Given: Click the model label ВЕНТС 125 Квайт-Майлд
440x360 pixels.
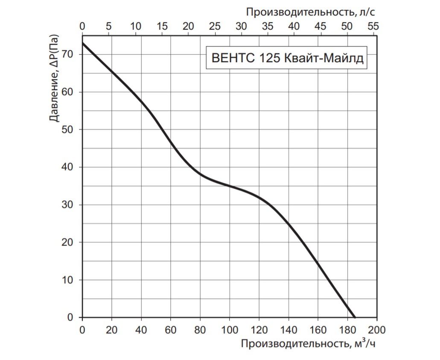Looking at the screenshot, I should click(288, 58).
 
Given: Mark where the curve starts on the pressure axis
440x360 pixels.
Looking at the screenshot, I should click(82, 43).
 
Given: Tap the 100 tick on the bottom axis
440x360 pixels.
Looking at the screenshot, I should click(230, 330).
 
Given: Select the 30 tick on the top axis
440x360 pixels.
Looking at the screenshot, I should click(241, 26).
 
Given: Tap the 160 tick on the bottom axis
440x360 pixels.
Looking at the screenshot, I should click(318, 330).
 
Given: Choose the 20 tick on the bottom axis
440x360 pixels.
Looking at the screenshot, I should click(112, 330).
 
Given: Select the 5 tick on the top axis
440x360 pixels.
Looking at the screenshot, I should click(109, 26).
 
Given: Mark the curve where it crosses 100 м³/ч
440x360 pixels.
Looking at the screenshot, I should click(230, 186).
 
